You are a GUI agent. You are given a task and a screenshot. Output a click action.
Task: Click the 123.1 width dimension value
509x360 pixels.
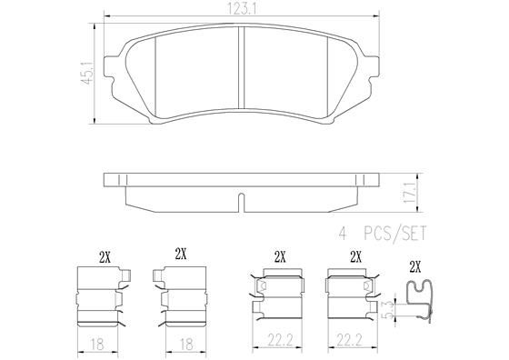[239, 9]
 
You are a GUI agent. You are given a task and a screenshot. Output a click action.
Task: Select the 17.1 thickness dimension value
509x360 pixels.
[410, 192]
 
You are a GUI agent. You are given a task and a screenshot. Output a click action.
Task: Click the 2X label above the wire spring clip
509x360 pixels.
[416, 266]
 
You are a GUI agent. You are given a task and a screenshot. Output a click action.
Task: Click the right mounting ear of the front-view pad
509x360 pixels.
[371, 68]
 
